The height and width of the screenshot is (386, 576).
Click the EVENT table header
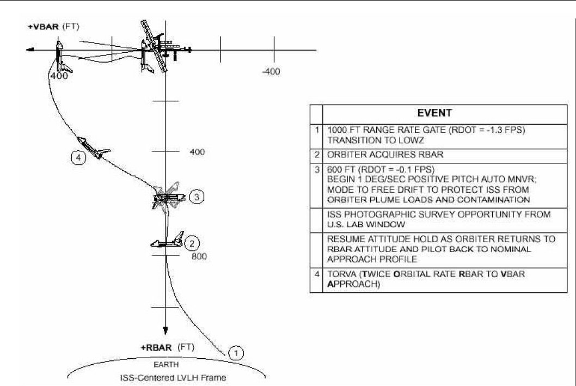(x=434, y=113)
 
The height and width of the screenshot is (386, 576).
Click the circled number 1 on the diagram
(x=236, y=353)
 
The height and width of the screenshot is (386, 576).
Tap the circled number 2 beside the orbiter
(x=192, y=243)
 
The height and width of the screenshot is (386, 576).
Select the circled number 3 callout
(x=197, y=197)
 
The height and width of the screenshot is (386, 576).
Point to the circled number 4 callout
(x=78, y=158)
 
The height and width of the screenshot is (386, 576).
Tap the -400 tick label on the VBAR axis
(x=271, y=72)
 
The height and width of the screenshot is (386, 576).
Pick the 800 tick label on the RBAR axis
(x=199, y=256)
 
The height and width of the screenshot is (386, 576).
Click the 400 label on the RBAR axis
(x=197, y=152)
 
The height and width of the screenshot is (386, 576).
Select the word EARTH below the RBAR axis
(x=166, y=365)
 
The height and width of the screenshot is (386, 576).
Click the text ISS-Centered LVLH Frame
(x=173, y=377)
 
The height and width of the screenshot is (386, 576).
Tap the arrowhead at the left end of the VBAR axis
(x=30, y=50)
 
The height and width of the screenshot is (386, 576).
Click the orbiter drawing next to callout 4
(x=93, y=147)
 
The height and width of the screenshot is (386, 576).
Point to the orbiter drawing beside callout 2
(x=168, y=240)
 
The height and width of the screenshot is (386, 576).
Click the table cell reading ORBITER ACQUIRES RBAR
(x=385, y=155)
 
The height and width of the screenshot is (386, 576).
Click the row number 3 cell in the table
(x=316, y=170)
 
